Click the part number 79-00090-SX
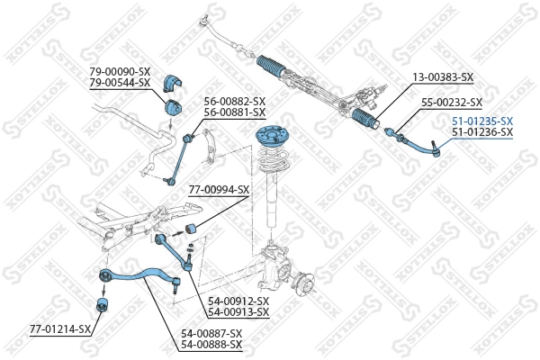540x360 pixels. (x=120, y=72)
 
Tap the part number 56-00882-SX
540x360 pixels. (x=235, y=101)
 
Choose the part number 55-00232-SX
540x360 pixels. (x=452, y=103)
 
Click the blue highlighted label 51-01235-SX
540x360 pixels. (x=481, y=121)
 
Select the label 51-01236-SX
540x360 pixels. (x=481, y=132)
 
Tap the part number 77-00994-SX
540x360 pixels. (x=219, y=191)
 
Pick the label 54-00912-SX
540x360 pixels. (x=238, y=301)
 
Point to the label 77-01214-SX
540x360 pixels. (x=60, y=328)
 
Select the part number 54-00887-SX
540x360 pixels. (x=211, y=333)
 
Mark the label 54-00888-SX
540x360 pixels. (x=211, y=344)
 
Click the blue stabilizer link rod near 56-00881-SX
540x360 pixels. (x=180, y=157)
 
